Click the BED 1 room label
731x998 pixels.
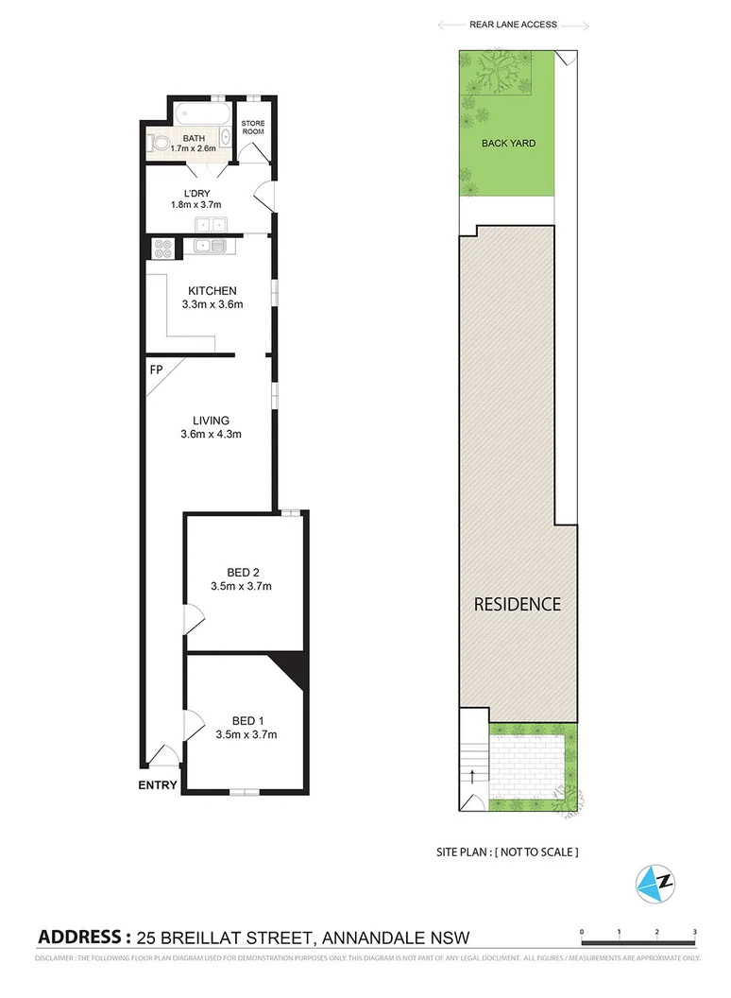245,719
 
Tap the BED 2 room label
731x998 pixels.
243,572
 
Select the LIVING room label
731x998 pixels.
211,421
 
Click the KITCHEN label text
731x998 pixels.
212,290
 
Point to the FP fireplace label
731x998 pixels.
156,369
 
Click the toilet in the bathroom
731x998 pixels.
161,145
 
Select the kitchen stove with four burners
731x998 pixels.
161,248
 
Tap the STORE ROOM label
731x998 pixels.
254,128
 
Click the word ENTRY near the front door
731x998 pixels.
157,784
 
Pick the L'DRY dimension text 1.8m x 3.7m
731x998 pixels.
195,204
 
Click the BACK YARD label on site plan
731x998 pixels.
508,144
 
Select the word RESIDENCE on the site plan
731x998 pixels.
517,604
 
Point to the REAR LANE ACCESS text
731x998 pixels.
513,25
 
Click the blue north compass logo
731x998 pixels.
655,882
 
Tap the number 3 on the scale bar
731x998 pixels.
694,932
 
